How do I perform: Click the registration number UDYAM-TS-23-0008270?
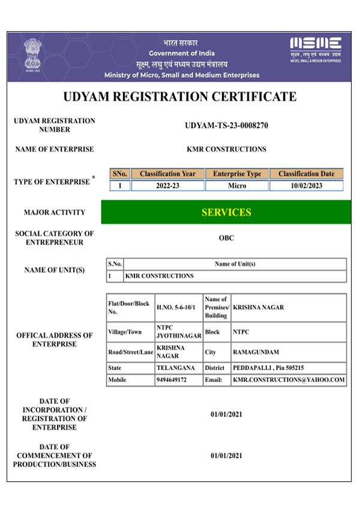click(226, 126)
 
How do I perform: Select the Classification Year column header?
click(167, 174)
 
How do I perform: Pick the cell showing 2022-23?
click(167, 186)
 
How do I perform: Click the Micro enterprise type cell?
click(237, 186)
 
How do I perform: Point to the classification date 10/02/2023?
click(306, 186)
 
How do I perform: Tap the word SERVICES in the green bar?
click(226, 212)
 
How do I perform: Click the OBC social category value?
click(226, 238)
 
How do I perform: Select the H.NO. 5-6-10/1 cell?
click(178, 308)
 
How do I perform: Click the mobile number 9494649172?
click(172, 380)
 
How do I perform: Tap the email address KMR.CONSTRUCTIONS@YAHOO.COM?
click(289, 380)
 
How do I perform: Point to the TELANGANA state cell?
click(175, 368)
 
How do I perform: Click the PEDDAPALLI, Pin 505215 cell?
click(268, 368)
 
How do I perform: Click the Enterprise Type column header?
click(237, 174)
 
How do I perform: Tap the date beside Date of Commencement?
click(226, 456)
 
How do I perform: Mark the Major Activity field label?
click(55, 212)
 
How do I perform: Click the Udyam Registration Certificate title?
click(180, 97)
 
